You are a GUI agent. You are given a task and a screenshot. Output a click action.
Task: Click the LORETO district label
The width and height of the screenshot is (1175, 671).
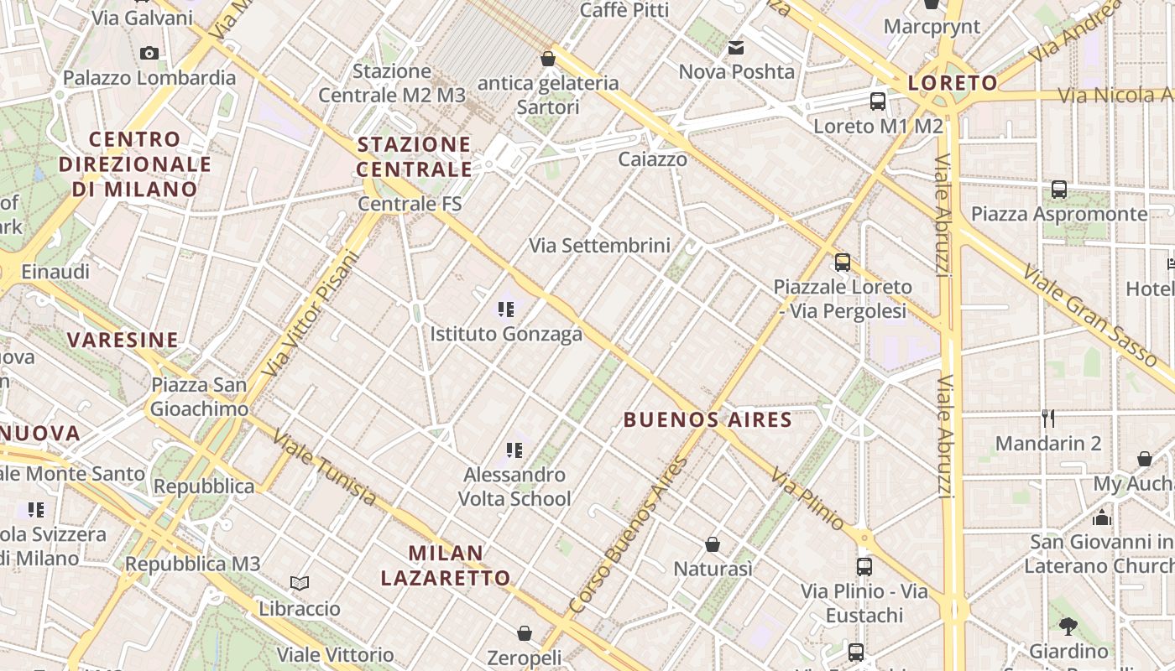pos(953,83)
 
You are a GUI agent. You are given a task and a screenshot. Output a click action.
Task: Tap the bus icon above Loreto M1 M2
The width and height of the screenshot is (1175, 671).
pos(878,101)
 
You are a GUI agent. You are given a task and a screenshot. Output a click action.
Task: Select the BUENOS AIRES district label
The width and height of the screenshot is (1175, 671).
pos(708,419)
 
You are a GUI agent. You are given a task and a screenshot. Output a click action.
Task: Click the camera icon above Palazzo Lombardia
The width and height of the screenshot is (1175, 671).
pos(149,54)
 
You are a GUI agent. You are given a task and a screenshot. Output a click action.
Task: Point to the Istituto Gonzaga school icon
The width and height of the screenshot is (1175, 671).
pos(505,309)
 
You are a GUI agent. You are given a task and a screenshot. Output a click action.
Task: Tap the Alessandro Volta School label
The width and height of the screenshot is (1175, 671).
pos(514,486)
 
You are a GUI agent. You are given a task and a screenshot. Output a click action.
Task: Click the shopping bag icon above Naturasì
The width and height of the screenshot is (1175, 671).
pos(713,545)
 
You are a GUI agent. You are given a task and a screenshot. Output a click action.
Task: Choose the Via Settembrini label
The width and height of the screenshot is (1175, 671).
pos(599,245)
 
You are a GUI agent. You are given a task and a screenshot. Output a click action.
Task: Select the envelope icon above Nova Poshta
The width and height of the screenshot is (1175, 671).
pos(736,48)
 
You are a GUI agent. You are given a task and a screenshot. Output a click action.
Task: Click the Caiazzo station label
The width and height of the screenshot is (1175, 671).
pos(652,159)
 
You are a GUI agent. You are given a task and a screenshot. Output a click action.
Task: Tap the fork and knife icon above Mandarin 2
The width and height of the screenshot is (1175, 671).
pos(1047,418)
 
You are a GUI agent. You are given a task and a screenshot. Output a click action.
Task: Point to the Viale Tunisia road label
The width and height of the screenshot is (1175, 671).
pos(325,469)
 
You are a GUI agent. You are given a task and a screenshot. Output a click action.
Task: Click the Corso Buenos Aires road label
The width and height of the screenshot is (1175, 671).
pos(627,534)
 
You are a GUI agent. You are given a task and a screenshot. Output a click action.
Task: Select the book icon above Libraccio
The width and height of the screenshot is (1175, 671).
pos(300,583)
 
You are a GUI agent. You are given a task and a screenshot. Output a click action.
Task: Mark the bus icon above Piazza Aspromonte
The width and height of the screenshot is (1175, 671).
pos(1059,190)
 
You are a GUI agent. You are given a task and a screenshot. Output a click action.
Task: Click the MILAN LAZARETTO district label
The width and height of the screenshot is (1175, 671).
pos(446,565)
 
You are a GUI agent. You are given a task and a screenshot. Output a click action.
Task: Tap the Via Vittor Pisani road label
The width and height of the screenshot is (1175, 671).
pos(311,313)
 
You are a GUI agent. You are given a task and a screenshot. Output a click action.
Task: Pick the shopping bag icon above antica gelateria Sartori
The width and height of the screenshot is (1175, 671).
pos(548,59)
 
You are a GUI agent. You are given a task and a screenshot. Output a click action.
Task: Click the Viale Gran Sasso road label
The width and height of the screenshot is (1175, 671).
pos(1091,315)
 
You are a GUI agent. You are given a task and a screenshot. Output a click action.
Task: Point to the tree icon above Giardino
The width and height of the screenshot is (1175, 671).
pos(1068,626)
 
